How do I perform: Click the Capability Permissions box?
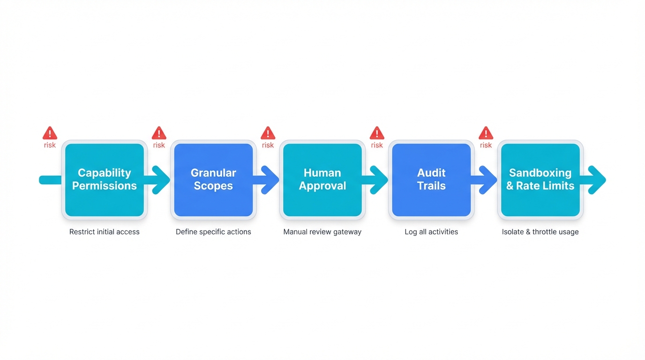pos(105,180)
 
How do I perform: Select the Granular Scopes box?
pos(213,180)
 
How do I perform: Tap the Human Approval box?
pos(322,180)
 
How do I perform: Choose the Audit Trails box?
pos(431,180)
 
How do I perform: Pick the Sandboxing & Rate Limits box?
pos(540,180)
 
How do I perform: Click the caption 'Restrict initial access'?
pos(105,232)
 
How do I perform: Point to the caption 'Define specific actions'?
pos(213,232)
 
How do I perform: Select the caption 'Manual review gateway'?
pos(322,232)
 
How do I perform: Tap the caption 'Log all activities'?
pos(431,232)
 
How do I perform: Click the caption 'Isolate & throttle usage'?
pos(540,232)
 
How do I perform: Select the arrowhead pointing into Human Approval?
pos(271,180)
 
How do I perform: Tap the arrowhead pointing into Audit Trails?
pos(380,180)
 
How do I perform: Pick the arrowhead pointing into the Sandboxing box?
pos(489,180)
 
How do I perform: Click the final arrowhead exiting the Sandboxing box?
pos(598,180)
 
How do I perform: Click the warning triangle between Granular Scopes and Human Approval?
pos(268,133)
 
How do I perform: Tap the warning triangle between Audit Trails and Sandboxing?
pos(486,133)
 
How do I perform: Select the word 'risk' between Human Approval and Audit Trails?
pos(377,145)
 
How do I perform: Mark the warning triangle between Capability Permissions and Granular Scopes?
pos(159,133)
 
